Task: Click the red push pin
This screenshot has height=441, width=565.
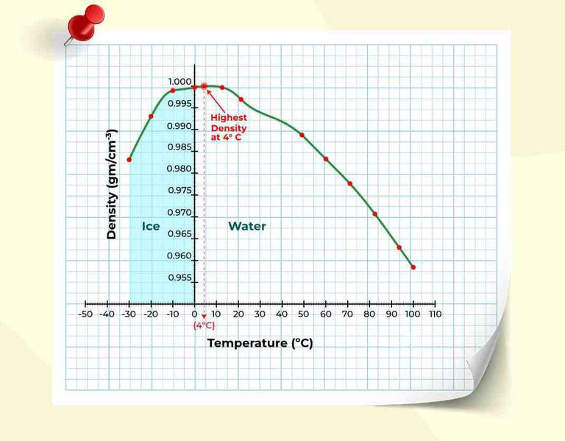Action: [86, 22]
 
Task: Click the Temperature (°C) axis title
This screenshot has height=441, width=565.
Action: [260, 343]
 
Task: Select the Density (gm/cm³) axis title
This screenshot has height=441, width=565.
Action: [112, 184]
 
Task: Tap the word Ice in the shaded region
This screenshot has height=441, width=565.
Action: [151, 226]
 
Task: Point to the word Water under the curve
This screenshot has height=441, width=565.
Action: [247, 226]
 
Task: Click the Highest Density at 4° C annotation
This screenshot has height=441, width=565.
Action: [229, 127]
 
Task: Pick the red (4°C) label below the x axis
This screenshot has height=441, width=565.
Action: [204, 325]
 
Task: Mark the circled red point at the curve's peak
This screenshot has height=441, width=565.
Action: [204, 86]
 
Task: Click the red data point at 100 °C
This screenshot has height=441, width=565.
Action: [413, 267]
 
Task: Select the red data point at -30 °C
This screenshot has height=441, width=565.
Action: [129, 160]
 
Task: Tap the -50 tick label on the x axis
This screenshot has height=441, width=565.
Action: [85, 314]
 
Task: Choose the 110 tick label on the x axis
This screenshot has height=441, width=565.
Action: [435, 314]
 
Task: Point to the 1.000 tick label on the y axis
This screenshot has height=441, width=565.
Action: [180, 82]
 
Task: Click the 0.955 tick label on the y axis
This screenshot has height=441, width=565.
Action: [180, 278]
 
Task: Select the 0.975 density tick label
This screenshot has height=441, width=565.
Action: [180, 191]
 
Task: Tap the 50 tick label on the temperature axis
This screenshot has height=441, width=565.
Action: [304, 314]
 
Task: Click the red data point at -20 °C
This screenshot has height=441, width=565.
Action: [151, 116]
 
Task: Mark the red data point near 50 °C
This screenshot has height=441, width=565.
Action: [302, 135]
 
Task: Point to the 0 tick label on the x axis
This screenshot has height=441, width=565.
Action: [195, 314]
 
